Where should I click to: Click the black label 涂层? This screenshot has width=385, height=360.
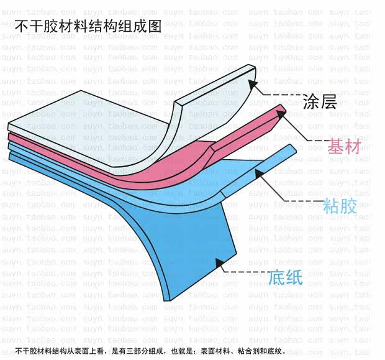[320, 101]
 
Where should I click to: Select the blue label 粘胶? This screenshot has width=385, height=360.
[340, 206]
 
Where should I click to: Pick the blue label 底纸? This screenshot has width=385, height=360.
[286, 277]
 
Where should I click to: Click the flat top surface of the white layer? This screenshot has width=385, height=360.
[81, 112]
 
